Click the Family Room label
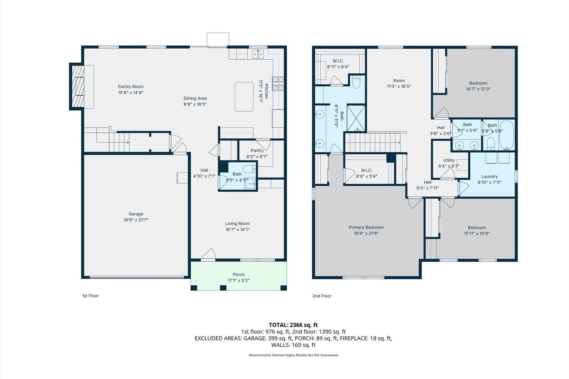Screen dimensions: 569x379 pos(131,87)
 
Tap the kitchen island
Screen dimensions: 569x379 pos(244,97)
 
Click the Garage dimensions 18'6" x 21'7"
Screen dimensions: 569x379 pos(136,220)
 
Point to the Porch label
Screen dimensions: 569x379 pos(238,274)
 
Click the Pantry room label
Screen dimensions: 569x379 pos(257,151)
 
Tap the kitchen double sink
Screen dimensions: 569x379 pos(258,54)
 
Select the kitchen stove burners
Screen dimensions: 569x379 pos(278,84)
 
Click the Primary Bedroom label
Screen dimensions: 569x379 pos(366,227)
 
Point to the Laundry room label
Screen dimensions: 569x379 pos(490,177)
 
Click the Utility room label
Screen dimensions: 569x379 pos(449,160)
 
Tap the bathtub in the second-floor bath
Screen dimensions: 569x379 pos(506,135)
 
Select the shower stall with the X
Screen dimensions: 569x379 pos(356,118)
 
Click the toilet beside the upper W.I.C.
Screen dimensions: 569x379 pos(356,82)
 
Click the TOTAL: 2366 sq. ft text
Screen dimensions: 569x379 pos(293,325)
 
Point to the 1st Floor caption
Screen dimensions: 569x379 pos(90,296)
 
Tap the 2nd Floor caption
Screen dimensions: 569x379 pos(322,296)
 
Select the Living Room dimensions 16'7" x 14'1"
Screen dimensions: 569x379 pos(237,230)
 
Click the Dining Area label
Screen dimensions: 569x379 pos(195,98)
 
